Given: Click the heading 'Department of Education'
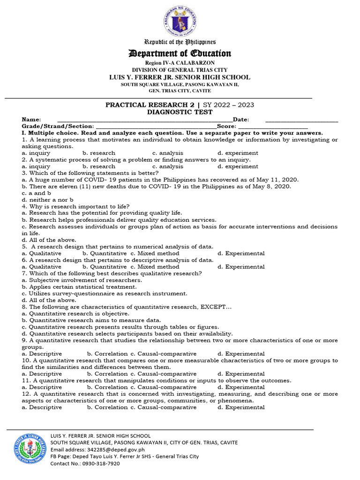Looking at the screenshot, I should coord(180,53).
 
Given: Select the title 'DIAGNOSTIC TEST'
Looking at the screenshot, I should coord(180,112).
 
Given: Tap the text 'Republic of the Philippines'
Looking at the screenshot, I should coord(180,42).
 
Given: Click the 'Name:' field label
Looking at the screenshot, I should coord(31,120).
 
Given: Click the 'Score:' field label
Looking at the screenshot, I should coord(227,127).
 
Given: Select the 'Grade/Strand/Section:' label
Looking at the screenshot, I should coord(57,127).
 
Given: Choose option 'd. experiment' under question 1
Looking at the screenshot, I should coord(238,153).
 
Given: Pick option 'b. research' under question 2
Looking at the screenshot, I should coord(98,166).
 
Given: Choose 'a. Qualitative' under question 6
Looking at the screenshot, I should coord(42,267).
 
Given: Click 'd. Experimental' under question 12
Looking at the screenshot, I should coord(241,407).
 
